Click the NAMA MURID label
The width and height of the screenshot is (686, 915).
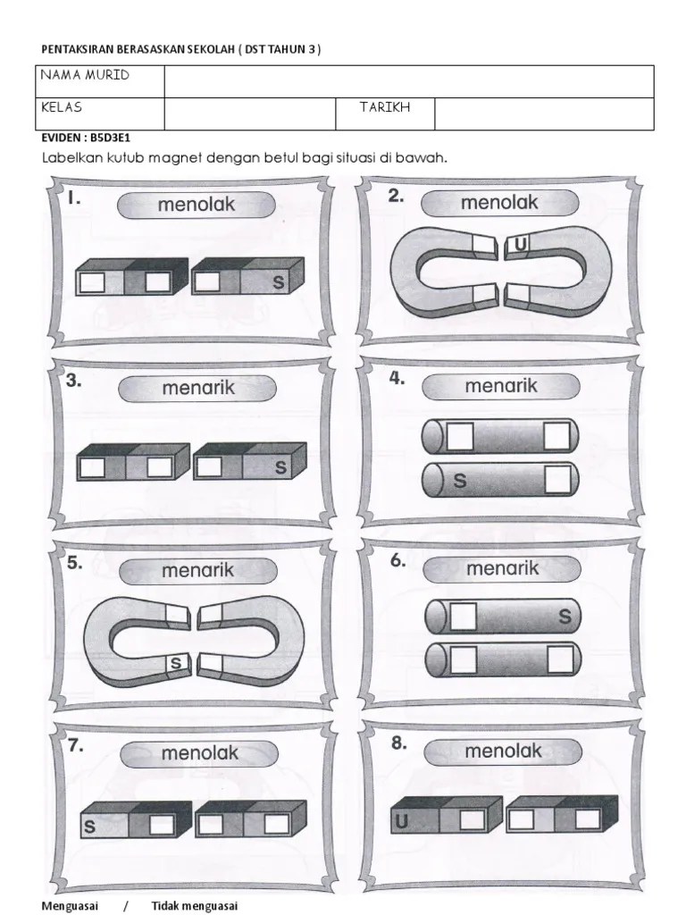click(85, 75)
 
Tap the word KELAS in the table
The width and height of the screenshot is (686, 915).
click(62, 107)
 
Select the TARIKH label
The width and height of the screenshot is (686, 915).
click(384, 107)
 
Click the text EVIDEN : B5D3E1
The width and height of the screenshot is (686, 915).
click(86, 138)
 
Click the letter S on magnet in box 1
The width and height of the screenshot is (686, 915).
click(279, 282)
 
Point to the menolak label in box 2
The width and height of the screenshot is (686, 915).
click(499, 203)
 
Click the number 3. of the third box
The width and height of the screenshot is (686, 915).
click(73, 381)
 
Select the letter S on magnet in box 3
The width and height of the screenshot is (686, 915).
click(280, 467)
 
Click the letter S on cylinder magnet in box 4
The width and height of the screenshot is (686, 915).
click(460, 481)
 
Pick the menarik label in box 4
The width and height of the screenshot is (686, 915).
click(501, 386)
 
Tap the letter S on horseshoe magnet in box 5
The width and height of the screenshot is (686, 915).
click(176, 663)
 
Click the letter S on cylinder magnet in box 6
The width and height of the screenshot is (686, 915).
click(565, 617)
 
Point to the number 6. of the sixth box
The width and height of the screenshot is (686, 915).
click(397, 561)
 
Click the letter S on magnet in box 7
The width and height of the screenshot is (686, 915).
click(90, 827)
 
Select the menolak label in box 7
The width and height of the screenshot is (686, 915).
click(199, 752)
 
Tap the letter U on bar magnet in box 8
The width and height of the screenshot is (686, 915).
click(401, 822)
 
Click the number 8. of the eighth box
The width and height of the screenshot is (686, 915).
click(399, 743)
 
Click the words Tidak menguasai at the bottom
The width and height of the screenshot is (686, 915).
click(194, 906)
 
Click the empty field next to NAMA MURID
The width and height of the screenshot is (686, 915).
click(409, 81)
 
